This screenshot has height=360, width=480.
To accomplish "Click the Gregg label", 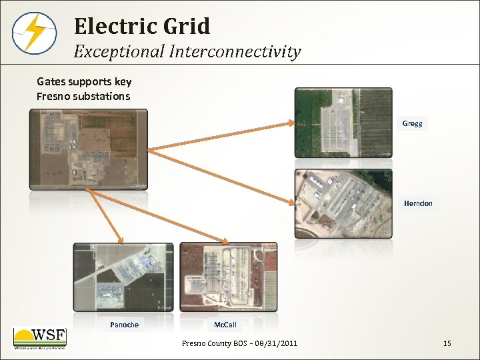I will coord(412,123).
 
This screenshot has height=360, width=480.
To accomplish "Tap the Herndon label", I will coord(418,203).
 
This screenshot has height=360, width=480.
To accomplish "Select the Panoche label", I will coord(124,325).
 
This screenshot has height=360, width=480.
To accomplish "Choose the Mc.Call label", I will coord(225,325).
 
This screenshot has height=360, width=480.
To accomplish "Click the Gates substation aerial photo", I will coord(89,149).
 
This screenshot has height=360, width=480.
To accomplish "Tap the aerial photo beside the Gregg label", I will coord(343,123).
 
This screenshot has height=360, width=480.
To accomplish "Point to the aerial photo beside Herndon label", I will coord(343,203).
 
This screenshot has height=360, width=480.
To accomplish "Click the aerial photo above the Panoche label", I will coord(123,277).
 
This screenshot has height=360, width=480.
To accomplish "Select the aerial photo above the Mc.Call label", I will coord(228,277).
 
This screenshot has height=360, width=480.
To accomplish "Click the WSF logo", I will coord(40,339).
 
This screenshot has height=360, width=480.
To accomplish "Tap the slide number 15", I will coord(447,343).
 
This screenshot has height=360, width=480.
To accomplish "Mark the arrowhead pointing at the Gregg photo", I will coord(291,123).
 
